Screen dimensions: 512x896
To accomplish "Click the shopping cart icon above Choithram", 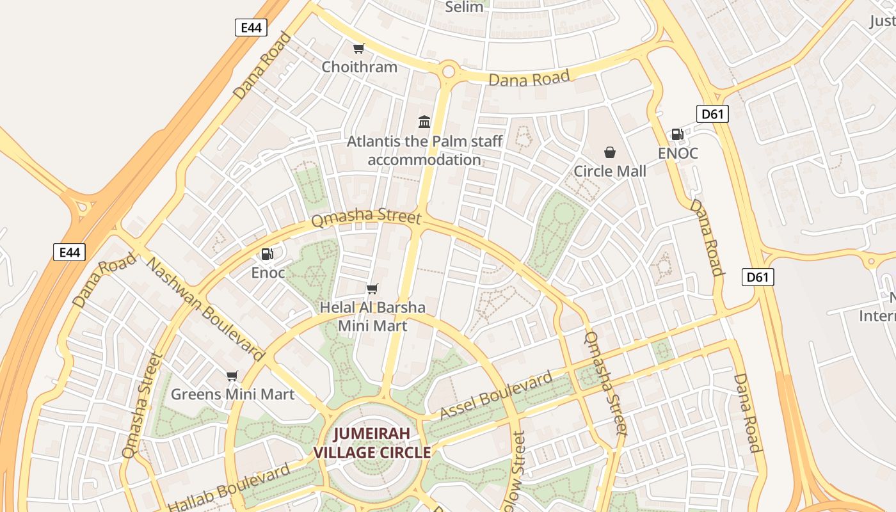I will click(359, 49).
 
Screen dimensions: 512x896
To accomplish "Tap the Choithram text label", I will click(359, 67).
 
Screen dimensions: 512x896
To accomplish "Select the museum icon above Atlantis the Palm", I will click(424, 122).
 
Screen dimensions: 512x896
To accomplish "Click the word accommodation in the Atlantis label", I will click(424, 159).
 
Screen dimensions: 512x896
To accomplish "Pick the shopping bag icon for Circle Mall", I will click(610, 152).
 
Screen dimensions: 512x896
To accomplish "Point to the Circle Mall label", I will click(610, 171).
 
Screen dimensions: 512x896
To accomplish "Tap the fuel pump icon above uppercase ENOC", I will click(677, 134).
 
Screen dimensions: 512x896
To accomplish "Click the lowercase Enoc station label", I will click(268, 273).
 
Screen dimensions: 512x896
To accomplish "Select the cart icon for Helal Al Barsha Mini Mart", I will click(372, 289).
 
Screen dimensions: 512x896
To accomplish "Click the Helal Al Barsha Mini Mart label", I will click(372, 316).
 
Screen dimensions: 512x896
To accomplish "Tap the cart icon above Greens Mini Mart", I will click(232, 376).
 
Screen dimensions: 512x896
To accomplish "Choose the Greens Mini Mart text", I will click(232, 394).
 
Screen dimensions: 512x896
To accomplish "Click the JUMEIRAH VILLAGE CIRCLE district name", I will click(372, 443).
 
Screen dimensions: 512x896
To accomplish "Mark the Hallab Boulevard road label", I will click(230, 488).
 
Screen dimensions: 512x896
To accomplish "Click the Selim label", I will click(464, 7).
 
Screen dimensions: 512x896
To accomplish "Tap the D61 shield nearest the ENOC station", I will click(712, 115).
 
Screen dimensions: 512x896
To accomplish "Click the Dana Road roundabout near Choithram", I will click(448, 71).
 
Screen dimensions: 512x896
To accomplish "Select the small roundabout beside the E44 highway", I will click(83, 207).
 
